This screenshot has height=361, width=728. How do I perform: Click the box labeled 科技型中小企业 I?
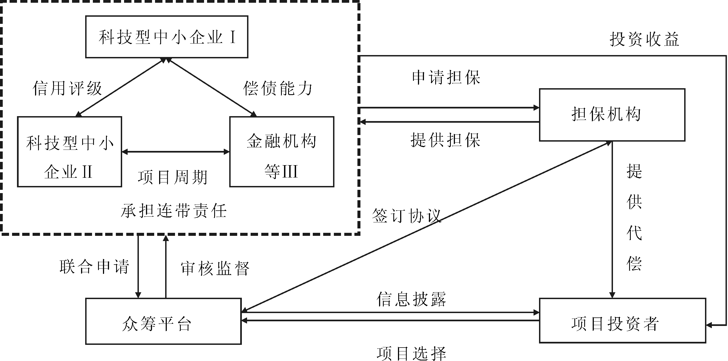(x=167, y=37)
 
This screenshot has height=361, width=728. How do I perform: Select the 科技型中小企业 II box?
(x=70, y=152)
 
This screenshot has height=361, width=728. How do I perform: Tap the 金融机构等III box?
(x=282, y=152)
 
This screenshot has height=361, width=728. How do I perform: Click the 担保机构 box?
(x=612, y=115)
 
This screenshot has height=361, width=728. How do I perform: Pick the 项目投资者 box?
(x=623, y=320)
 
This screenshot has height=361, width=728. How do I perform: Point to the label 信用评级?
(x=67, y=88)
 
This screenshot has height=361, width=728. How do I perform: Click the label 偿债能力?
(x=278, y=88)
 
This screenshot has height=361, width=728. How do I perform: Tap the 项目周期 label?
(x=173, y=177)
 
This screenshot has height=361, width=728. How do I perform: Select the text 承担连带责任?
(x=174, y=211)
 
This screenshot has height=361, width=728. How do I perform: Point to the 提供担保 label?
(x=446, y=140)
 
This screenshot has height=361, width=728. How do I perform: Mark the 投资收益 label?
(x=644, y=39)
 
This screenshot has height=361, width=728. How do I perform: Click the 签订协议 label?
(x=406, y=216)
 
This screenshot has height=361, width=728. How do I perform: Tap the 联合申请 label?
(x=94, y=267)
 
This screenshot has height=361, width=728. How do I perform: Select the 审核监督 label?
(x=215, y=268)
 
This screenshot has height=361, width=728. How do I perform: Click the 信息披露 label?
(x=411, y=299)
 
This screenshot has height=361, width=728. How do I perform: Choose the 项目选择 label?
(x=411, y=353)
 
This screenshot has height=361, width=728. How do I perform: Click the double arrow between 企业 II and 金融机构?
(x=176, y=152)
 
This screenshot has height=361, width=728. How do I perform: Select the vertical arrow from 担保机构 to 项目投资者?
(x=612, y=220)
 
